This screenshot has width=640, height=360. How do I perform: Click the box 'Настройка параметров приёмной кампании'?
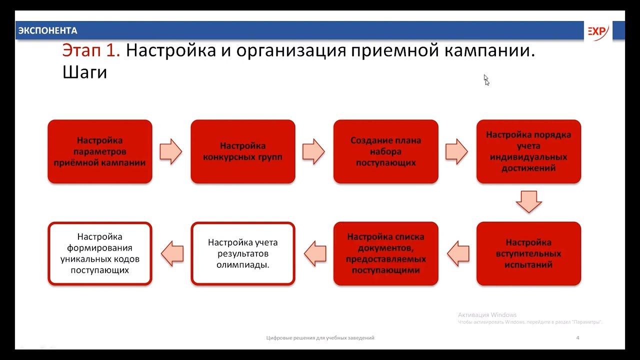(100, 151)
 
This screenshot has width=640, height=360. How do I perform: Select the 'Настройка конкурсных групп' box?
(243, 151)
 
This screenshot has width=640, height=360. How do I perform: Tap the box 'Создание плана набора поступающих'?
(386, 151)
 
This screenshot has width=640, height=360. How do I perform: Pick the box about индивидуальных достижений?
(528, 151)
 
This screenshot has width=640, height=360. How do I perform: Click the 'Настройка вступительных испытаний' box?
(528, 253)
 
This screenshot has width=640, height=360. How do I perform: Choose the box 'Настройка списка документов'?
(386, 253)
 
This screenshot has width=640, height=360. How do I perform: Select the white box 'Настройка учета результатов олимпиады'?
(243, 253)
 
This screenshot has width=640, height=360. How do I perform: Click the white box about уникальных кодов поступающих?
(100, 253)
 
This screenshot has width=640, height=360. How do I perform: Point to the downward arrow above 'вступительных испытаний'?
(528, 201)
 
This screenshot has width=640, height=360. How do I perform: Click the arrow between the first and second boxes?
(171, 151)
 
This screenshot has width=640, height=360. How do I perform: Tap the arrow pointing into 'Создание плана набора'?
(314, 151)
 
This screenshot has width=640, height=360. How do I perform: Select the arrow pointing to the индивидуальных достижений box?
(456, 151)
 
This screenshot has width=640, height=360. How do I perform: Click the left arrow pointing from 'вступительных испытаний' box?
(457, 253)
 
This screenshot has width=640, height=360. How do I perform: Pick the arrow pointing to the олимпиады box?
(315, 253)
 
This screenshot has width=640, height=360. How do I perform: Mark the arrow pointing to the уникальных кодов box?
(171, 253)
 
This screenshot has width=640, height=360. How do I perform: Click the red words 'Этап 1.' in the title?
(91, 50)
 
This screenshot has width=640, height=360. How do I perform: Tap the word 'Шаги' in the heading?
(85, 72)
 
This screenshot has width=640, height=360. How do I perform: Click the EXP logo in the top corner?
(597, 31)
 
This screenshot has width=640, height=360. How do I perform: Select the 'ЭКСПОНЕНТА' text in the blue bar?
(47, 31)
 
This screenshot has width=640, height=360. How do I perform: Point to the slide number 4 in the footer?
(577, 338)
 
